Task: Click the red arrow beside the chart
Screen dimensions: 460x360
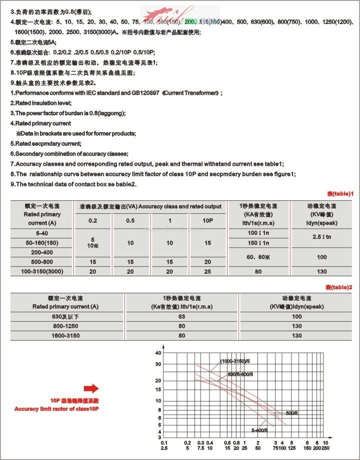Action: [x=91, y=389]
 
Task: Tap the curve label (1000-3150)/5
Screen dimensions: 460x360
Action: [x=237, y=361]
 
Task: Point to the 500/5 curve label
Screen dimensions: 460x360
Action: [x=292, y=413]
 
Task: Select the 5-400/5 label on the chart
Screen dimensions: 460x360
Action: [x=260, y=430]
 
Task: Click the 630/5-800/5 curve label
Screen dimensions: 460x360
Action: [x=240, y=374]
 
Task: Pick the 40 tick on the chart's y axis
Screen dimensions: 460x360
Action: [x=158, y=353]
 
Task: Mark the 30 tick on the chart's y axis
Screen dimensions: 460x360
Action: [x=158, y=364]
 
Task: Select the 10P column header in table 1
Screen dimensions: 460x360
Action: [x=207, y=221]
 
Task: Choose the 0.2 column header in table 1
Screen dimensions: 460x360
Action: [x=93, y=221]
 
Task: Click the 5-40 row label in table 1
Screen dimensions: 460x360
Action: [x=42, y=233]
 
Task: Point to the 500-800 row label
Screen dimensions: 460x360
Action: [x=42, y=262]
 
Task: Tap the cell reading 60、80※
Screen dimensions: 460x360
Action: [x=258, y=257]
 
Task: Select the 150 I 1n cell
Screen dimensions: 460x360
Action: [x=258, y=243]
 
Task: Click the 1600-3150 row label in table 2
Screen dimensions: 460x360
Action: [x=65, y=336]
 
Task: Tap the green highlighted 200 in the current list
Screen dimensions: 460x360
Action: [x=190, y=22]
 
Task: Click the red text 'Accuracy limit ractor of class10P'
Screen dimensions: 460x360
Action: [x=57, y=409]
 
